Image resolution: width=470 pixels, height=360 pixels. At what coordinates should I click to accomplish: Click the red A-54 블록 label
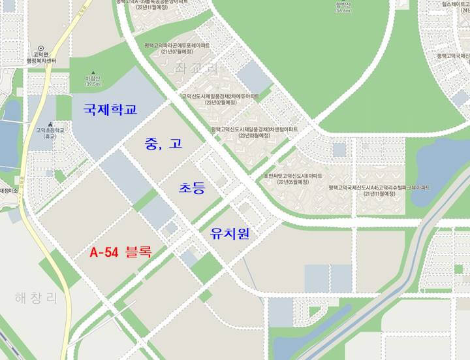(121, 252)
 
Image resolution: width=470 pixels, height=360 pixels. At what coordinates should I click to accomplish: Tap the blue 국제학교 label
(110, 109)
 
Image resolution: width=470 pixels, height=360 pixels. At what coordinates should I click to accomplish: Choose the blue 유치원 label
(230, 233)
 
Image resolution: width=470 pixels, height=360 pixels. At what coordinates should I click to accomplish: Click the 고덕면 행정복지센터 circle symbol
(40, 48)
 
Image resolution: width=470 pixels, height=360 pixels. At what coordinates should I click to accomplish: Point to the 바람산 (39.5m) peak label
(92, 80)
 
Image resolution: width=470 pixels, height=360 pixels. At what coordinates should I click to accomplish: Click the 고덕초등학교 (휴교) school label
(50, 133)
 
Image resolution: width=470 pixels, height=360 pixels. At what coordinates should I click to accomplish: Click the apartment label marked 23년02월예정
(222, 99)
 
